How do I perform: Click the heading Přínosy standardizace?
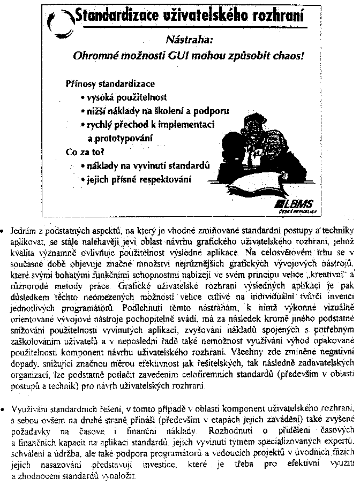110,84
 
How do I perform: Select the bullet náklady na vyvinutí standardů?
146,165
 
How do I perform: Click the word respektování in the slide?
165,179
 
